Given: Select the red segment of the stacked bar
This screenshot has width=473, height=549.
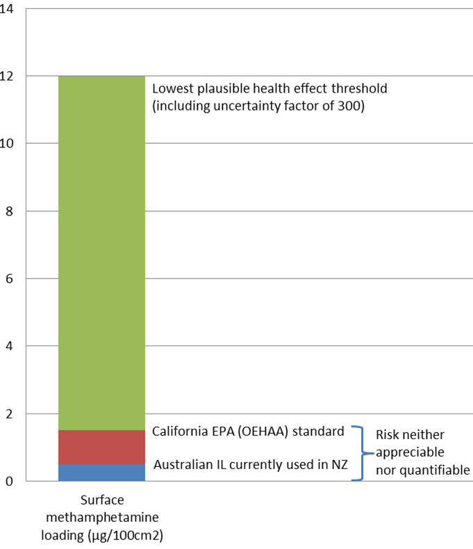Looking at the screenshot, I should pos(101,447).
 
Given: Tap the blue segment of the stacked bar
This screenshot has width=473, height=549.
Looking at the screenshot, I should pos(101,473).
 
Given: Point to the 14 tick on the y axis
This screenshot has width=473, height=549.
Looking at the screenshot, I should pos(8,9).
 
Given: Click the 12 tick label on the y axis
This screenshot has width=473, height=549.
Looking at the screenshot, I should pos(8,76).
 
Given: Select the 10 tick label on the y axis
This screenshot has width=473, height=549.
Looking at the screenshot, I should pos(8,144).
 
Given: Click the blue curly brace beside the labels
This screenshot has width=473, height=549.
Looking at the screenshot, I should pos(358,452).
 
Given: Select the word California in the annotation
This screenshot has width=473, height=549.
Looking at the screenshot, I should pos(181,432).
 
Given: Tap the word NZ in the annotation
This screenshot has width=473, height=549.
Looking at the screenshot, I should pos(338,465).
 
